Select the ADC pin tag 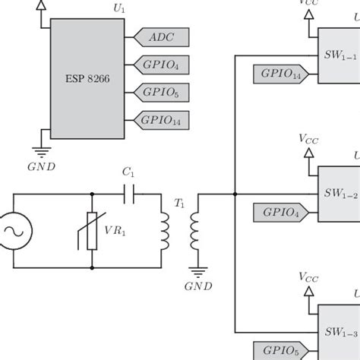point(162,36)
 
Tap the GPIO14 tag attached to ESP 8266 point(162,119)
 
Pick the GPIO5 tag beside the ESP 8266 point(162,92)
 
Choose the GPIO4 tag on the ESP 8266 point(162,65)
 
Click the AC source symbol point(14,229)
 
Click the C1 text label point(129,174)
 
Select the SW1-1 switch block point(339,55)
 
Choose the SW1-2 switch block point(339,194)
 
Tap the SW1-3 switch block point(339,331)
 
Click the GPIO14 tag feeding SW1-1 point(280,74)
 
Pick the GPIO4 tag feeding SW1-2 point(280,212)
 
